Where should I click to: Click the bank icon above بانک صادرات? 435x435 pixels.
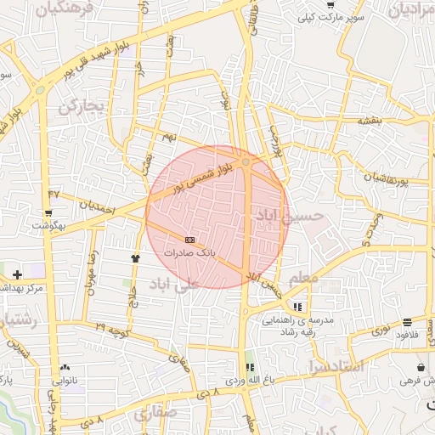tap(189, 240)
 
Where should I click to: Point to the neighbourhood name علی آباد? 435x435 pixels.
tap(195, 285)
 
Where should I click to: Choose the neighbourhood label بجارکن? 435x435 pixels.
tap(81, 108)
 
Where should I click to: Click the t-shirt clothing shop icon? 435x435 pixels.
tap(134, 257)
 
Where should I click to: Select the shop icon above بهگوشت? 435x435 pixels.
tap(49, 212)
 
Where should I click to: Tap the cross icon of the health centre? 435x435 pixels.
tap(17, 274)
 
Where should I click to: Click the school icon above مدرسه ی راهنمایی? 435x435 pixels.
tap(297, 307)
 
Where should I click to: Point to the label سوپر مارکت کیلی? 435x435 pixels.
tap(337, 17)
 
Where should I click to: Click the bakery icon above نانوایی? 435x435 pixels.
tap(65, 366)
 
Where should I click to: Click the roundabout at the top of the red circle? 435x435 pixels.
tap(246, 161)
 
